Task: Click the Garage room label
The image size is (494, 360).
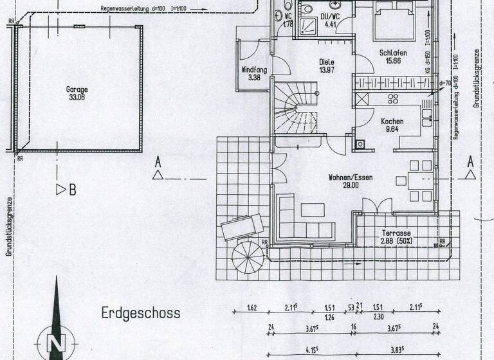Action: (x=76, y=90)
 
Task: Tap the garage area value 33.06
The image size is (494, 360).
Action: (x=76, y=98)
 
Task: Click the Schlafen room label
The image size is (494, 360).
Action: (x=392, y=53)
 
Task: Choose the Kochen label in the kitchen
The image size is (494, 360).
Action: (x=392, y=121)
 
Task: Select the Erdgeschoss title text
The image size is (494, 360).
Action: (x=141, y=314)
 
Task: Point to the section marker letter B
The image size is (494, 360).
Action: (x=72, y=190)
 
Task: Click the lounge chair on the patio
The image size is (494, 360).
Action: (x=242, y=226)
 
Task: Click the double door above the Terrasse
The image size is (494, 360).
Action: (x=376, y=206)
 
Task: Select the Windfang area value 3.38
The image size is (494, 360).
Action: (x=253, y=78)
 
